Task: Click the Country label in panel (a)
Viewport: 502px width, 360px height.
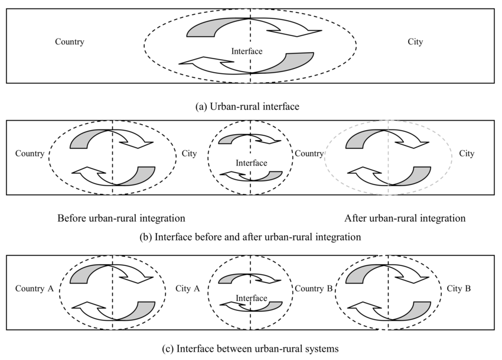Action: (70, 42)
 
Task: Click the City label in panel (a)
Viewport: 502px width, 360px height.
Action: (415, 42)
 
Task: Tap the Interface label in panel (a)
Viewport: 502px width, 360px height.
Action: (247, 51)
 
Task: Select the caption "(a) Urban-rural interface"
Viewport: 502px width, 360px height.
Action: (250, 107)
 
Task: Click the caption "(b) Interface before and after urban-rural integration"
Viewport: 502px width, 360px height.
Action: (250, 236)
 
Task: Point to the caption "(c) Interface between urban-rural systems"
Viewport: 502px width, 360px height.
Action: (250, 349)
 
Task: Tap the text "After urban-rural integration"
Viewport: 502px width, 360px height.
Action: (405, 218)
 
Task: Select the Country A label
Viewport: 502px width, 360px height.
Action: (35, 289)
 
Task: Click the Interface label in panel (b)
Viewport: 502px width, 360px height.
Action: (252, 163)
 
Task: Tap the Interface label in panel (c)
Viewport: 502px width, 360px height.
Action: (252, 299)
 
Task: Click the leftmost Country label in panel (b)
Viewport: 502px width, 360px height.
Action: (30, 154)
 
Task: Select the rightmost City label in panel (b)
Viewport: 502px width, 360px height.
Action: (467, 154)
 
